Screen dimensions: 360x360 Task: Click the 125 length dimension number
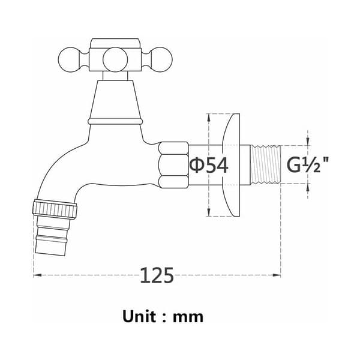[x=157, y=275]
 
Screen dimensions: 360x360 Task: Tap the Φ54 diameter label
[x=209, y=165]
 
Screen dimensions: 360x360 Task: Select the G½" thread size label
[x=308, y=165]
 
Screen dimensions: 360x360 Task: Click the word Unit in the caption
[x=140, y=317]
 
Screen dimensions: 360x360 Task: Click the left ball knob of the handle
[x=70, y=60]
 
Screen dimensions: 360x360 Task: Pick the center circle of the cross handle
[x=115, y=59]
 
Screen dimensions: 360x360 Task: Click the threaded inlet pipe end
[x=266, y=164]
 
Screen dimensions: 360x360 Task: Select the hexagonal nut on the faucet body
[x=174, y=165]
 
